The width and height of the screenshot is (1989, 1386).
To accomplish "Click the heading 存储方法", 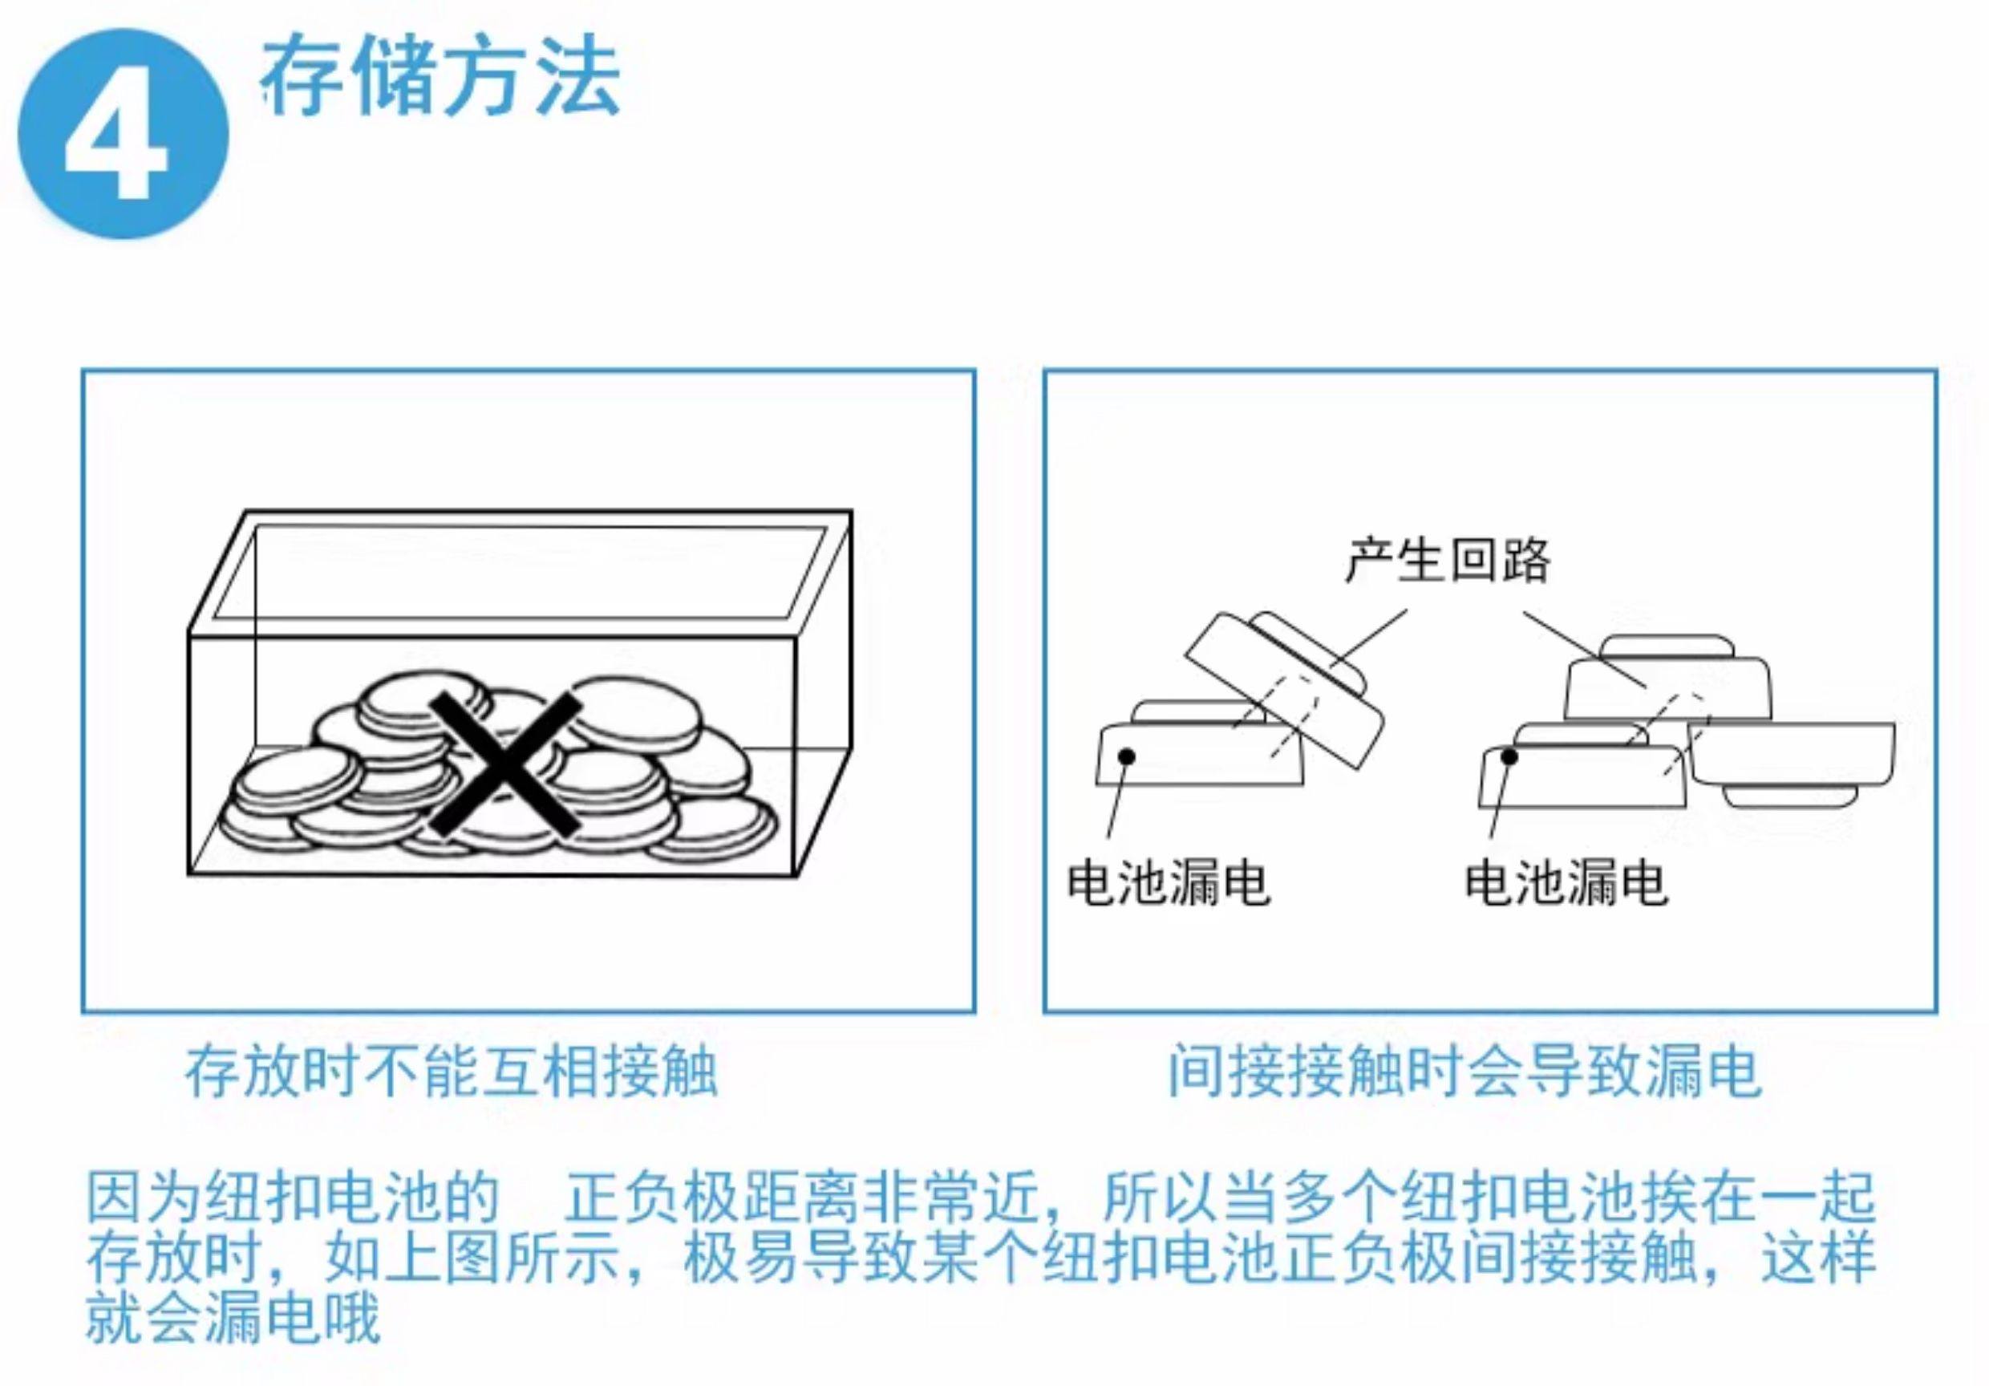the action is [440, 78].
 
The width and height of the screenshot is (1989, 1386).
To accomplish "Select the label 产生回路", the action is [1448, 560].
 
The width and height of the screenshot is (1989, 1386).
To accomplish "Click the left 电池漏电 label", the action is [1167, 883].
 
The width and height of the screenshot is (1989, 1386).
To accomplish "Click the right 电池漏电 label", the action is [1566, 883].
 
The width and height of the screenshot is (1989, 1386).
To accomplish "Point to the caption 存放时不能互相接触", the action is [452, 1072].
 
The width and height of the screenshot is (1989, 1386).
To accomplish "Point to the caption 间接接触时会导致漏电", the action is [1463, 1072].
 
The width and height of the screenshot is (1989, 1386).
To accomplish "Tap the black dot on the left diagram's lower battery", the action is [1126, 757].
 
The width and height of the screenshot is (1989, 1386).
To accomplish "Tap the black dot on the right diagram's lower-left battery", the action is [1509, 757].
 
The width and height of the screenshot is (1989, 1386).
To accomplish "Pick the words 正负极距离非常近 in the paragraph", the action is [801, 1198].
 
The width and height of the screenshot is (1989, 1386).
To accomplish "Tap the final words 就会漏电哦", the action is [234, 1319].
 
